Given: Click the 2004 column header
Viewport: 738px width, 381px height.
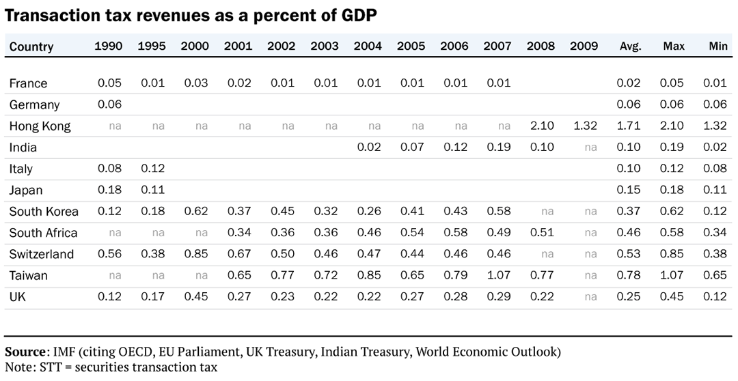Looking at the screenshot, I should click(368, 46).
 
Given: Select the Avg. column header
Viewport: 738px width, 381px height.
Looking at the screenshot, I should click(630, 46).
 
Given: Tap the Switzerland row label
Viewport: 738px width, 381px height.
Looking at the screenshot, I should click(41, 255).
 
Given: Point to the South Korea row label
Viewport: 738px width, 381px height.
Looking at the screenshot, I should click(44, 212).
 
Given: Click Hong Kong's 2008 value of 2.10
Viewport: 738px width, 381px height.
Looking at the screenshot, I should click(540, 126).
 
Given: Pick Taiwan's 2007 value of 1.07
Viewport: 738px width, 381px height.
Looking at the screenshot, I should click(497, 276).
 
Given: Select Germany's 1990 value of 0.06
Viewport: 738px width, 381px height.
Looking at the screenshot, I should click(109, 104).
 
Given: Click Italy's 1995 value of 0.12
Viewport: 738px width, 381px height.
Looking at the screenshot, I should click(152, 169).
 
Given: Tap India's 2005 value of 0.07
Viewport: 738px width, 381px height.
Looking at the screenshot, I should click(411, 147).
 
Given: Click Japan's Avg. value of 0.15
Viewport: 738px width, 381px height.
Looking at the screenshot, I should click(628, 190).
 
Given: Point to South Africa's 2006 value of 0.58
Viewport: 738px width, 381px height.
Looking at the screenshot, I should click(454, 233).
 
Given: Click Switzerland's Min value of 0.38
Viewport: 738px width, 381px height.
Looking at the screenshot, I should click(717, 255).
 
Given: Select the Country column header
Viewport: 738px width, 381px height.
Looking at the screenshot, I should click(31, 46).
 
